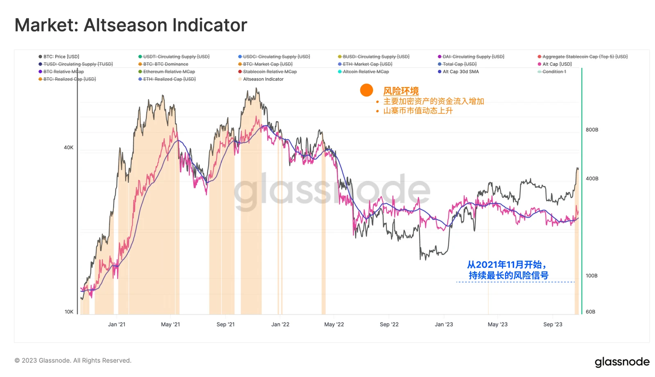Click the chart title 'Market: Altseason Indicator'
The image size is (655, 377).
click(x=131, y=25)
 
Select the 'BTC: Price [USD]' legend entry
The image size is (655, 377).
click(x=61, y=56)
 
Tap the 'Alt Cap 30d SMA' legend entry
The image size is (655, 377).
click(x=461, y=72)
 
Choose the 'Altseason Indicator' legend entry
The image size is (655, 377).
click(x=263, y=79)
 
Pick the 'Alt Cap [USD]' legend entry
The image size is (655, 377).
click(x=557, y=64)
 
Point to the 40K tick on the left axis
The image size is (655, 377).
click(x=68, y=147)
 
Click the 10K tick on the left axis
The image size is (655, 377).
click(x=69, y=312)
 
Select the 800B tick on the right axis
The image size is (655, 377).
click(x=592, y=130)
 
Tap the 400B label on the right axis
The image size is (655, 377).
click(x=592, y=178)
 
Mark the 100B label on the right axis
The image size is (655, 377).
click(x=592, y=275)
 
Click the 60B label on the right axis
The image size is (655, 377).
click(x=590, y=312)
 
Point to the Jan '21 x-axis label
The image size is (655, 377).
click(x=117, y=324)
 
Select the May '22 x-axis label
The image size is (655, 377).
click(x=334, y=324)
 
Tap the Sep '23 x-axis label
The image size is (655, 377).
click(x=553, y=324)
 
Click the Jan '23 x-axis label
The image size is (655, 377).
click(x=444, y=324)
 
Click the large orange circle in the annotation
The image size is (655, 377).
click(x=366, y=90)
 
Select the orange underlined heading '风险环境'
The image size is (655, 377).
click(x=401, y=91)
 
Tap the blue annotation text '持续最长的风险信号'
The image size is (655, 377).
click(x=508, y=275)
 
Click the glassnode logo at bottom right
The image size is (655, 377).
click(x=622, y=362)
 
